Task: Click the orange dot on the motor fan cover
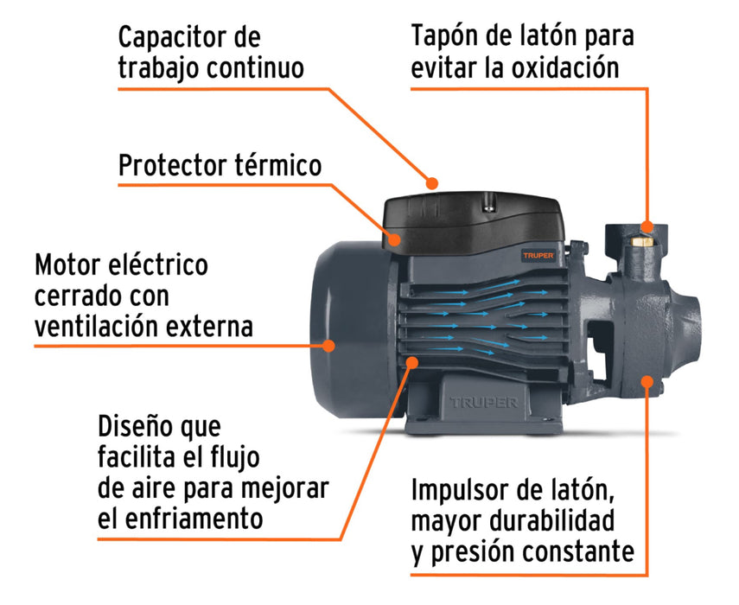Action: [x=329, y=346]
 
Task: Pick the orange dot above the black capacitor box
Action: [x=432, y=182]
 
